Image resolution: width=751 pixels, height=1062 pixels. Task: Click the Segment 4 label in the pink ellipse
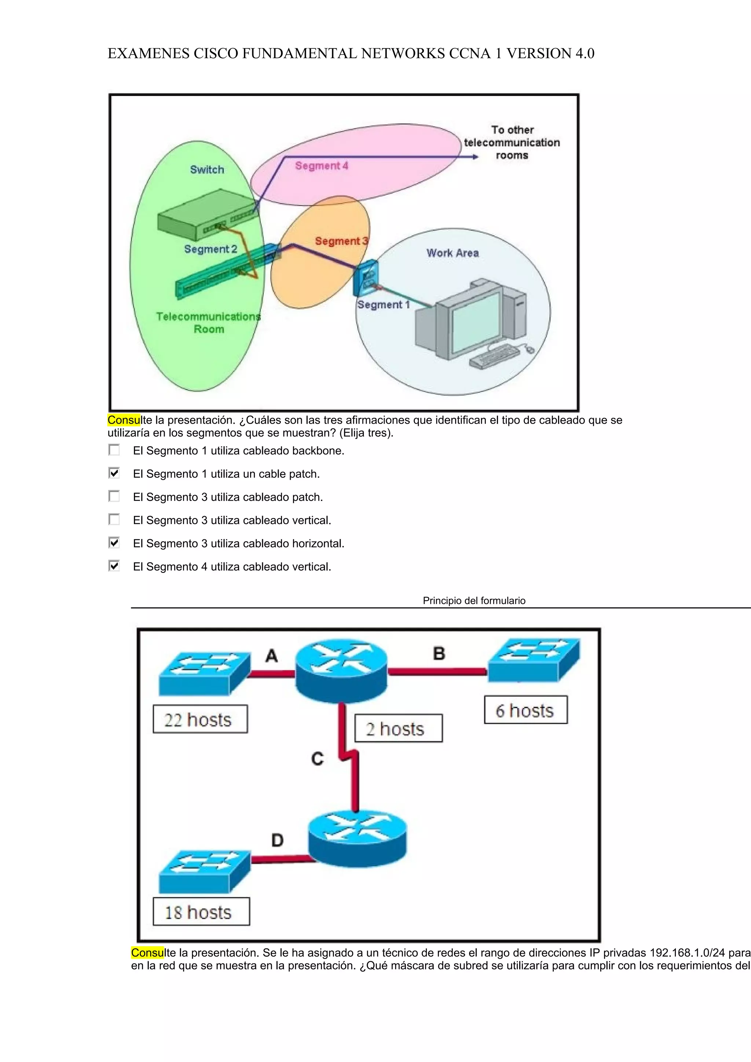(x=322, y=166)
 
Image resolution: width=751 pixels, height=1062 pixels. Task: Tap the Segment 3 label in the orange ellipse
(x=341, y=241)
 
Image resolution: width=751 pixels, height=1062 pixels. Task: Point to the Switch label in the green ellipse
(x=207, y=170)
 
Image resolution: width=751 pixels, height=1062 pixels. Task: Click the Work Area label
(x=453, y=253)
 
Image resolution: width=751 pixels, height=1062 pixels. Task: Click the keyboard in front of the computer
(x=494, y=357)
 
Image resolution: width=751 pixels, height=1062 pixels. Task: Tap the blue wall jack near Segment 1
(x=366, y=277)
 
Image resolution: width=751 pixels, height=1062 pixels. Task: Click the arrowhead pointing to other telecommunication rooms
(x=475, y=157)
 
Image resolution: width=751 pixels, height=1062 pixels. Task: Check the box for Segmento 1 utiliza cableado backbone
(x=114, y=450)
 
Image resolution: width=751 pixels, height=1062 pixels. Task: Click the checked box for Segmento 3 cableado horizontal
(x=114, y=543)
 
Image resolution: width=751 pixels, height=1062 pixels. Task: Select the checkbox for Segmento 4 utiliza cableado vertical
(x=114, y=566)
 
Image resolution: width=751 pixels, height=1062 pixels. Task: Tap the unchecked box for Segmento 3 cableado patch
(x=114, y=496)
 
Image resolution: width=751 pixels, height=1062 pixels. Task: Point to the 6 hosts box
(x=525, y=710)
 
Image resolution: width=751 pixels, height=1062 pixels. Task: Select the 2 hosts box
(x=398, y=729)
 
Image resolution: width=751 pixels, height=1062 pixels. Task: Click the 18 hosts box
(x=201, y=912)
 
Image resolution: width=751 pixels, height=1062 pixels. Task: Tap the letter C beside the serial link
(x=318, y=759)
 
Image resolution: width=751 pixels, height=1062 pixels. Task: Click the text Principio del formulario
(x=474, y=600)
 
